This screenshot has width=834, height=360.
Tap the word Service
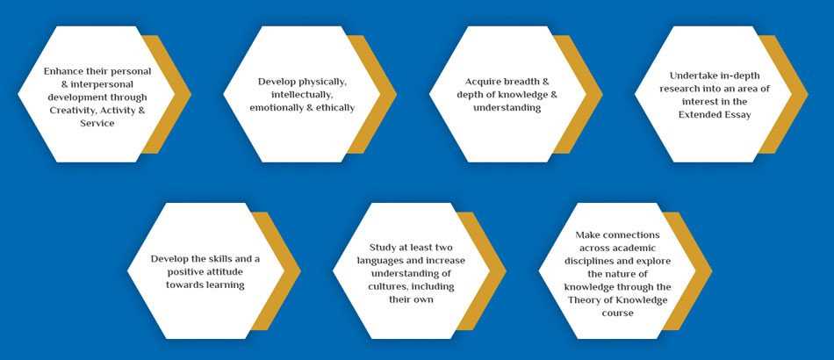(x=97, y=123)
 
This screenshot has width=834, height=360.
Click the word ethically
(x=335, y=107)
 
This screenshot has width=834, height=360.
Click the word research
(x=679, y=89)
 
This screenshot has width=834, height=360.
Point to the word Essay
(x=737, y=114)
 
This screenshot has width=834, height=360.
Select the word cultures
(x=386, y=286)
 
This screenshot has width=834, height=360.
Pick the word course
(x=617, y=313)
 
